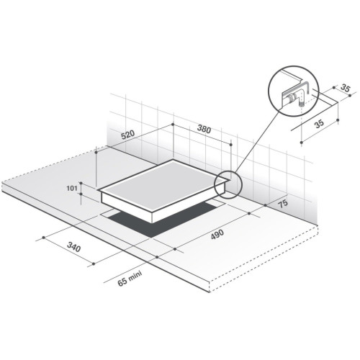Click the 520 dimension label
(128, 135)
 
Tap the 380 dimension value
(204, 130)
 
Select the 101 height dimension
(72, 188)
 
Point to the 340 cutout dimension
(73, 247)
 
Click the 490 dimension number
(217, 234)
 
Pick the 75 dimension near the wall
(283, 203)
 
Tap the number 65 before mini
(122, 282)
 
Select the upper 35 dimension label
(345, 89)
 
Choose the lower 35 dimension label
(319, 124)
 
